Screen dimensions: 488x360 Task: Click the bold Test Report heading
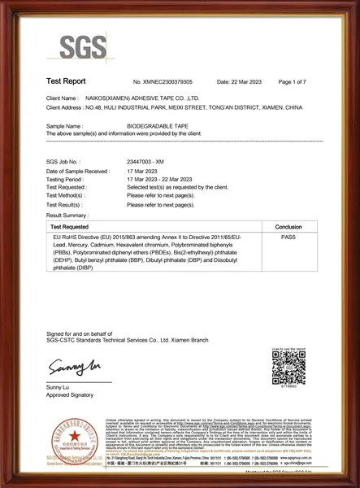66,83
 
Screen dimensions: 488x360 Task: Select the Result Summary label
70,216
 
